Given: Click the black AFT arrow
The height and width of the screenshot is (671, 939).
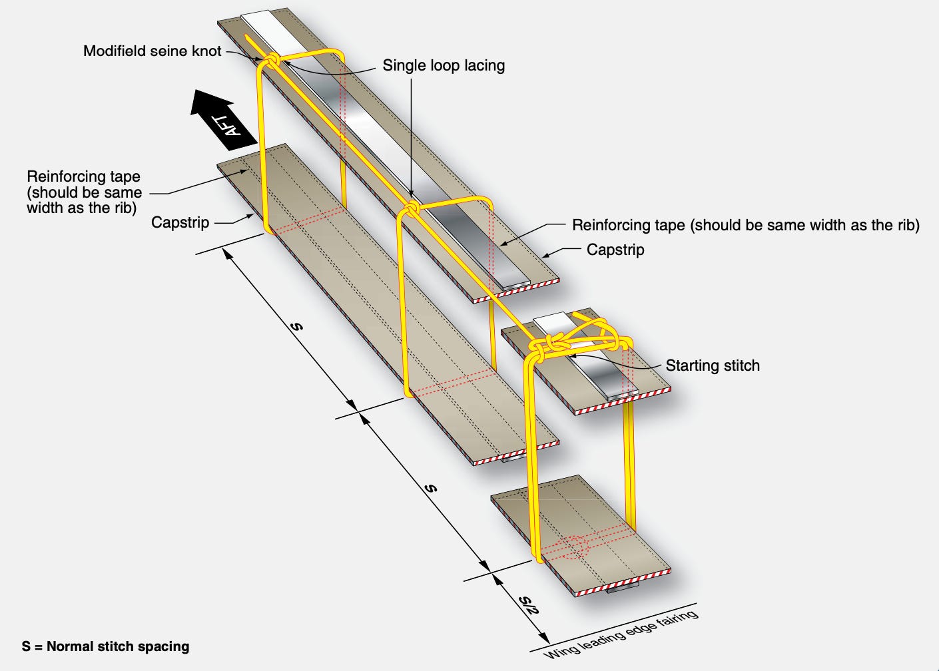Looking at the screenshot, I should pos(222,119).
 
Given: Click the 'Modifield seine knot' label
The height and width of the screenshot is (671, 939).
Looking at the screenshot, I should pos(152,51).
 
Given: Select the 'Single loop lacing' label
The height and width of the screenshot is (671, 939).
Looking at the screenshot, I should pos(444,65).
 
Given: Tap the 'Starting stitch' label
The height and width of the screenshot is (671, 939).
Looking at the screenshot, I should pos(713,365).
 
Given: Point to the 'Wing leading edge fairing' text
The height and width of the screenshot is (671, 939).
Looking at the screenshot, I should pos(621,634).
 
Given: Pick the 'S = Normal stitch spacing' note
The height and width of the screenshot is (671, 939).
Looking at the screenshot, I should pos(105,646).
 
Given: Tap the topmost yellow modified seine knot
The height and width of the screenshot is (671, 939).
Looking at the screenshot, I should pos(272,62).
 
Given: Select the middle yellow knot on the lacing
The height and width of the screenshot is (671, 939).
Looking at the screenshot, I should pos(412,210).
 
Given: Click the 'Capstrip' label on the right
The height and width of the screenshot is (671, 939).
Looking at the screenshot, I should pos(615,250).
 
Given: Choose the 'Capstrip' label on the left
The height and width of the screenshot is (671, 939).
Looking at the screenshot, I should pos(180,222).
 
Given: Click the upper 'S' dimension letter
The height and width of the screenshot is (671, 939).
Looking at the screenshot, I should pos(297,326).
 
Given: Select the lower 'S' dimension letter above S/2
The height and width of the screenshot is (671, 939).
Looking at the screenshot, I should pos(432,488).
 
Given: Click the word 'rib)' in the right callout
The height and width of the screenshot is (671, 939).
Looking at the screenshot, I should pos(904,225).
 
